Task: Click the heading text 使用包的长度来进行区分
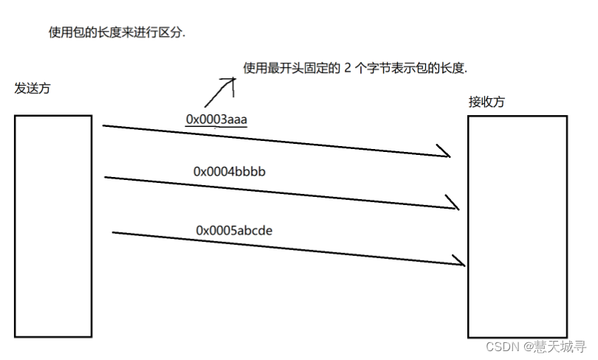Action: (x=116, y=33)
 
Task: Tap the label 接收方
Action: (x=487, y=102)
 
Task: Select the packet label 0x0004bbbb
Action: (x=230, y=171)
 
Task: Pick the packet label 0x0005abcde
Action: (x=234, y=230)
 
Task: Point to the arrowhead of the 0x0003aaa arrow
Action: (x=446, y=154)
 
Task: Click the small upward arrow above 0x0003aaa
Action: (x=220, y=91)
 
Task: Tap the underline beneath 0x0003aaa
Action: (x=216, y=128)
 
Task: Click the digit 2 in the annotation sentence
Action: (x=348, y=69)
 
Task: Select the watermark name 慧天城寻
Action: (x=561, y=346)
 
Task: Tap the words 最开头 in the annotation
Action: (x=285, y=69)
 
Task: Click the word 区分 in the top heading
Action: (x=171, y=33)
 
